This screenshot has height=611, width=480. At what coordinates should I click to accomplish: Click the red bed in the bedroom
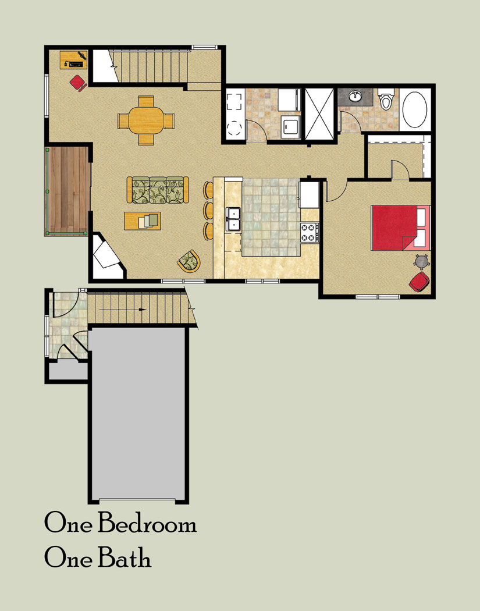pyautogui.click(x=400, y=228)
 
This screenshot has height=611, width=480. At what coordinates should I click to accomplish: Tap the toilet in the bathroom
pyautogui.click(x=386, y=99)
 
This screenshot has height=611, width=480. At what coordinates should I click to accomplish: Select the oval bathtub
pyautogui.click(x=414, y=109)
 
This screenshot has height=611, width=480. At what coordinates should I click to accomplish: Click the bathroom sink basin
pyautogui.click(x=355, y=96)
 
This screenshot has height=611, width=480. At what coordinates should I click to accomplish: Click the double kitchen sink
pyautogui.click(x=233, y=219)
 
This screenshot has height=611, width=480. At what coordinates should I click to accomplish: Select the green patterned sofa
pyautogui.click(x=158, y=190)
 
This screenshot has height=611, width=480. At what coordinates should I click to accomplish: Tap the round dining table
pyautogui.click(x=145, y=120)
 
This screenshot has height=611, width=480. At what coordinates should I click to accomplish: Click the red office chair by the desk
pyautogui.click(x=78, y=83)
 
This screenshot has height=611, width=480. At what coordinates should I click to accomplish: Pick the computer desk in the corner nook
pyautogui.click(x=74, y=59)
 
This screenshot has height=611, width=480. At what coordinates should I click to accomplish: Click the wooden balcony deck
pyautogui.click(x=67, y=191)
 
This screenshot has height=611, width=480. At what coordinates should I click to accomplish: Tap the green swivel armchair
pyautogui.click(x=189, y=261)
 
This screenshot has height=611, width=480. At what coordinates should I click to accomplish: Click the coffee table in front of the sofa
pyautogui.click(x=143, y=221)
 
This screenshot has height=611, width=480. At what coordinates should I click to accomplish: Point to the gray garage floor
pyautogui.click(x=138, y=413)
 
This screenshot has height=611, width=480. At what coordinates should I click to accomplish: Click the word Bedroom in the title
pyautogui.click(x=147, y=523)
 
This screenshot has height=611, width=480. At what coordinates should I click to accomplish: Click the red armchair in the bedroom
pyautogui.click(x=419, y=282)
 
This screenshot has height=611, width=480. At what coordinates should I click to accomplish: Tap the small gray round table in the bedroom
pyautogui.click(x=422, y=261)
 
